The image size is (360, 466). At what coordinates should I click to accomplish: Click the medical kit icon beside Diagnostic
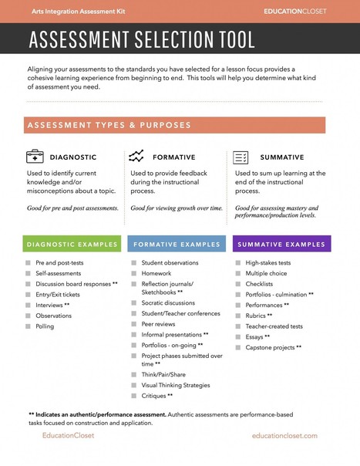[x=35, y=157]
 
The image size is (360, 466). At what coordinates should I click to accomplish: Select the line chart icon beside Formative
[x=136, y=157]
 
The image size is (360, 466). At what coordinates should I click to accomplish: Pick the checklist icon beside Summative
[x=241, y=157]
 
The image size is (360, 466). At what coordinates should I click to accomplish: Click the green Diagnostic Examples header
[x=72, y=245]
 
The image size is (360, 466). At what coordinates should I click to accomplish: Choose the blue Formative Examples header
[x=177, y=245]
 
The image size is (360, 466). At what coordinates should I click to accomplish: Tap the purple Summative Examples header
[x=281, y=245]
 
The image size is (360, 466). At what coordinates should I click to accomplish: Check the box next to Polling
[x=28, y=326]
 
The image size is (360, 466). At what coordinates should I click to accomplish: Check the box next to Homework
[x=133, y=273]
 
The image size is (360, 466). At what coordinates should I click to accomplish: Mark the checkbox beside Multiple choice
[x=237, y=273]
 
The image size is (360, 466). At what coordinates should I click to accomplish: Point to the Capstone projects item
[x=273, y=347]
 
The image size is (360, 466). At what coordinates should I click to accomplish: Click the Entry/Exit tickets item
[x=58, y=295]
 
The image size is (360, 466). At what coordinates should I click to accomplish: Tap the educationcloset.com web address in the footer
[x=284, y=436]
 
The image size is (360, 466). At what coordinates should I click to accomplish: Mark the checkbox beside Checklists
[x=237, y=284]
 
